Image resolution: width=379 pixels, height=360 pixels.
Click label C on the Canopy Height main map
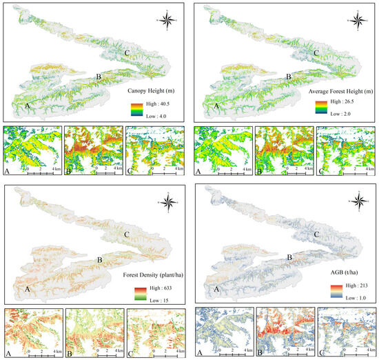127,52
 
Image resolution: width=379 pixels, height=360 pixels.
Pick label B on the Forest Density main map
101,260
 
